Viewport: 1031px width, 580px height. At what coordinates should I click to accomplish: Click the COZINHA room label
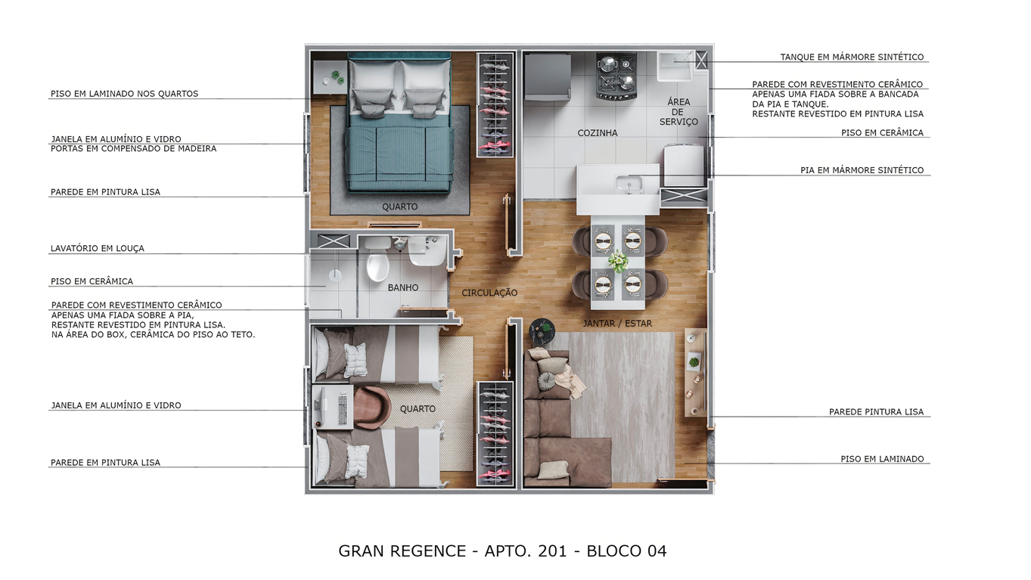[x=597, y=133]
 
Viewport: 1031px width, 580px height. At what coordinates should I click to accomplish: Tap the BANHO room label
[x=402, y=288]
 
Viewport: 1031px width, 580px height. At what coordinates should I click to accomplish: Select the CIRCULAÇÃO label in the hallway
[x=489, y=293]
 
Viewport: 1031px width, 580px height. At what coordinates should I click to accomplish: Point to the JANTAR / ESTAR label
[x=617, y=324]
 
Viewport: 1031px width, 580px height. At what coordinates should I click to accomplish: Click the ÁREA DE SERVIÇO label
[x=678, y=112]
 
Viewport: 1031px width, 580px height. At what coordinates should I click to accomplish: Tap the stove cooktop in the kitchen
[x=616, y=76]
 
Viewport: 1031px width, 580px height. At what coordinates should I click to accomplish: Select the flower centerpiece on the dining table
[x=619, y=262]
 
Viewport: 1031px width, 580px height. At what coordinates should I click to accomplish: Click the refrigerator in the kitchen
[x=547, y=76]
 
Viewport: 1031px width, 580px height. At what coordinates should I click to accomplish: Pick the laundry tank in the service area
[x=674, y=67]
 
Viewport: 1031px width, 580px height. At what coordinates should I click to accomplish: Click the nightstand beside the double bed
[x=330, y=76]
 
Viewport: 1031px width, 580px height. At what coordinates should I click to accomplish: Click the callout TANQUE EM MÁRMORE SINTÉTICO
[x=852, y=57]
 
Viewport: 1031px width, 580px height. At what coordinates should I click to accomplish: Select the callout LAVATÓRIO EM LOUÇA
[x=97, y=248]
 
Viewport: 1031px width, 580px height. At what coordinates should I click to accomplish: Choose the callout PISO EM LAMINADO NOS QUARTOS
[x=124, y=94]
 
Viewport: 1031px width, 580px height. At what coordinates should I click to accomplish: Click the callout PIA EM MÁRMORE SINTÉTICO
[x=862, y=170]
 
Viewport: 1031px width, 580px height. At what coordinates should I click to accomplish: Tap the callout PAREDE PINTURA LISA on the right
[x=876, y=412]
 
